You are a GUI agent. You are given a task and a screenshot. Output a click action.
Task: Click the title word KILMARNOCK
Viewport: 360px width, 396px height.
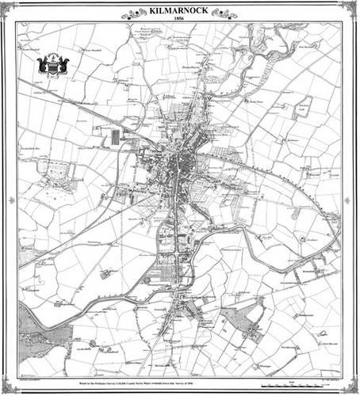(x=180, y=12)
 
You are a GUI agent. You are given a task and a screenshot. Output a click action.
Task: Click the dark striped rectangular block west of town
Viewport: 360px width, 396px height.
(x=116, y=136)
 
